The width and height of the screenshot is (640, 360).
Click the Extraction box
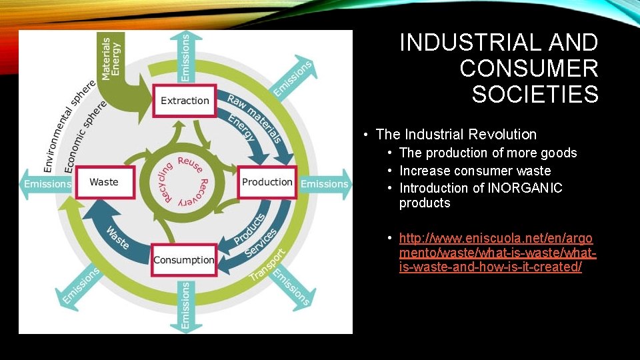[185, 101]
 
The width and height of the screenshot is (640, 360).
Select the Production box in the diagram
[267, 182]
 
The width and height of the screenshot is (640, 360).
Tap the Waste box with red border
[104, 182]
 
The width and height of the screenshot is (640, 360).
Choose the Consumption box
[184, 260]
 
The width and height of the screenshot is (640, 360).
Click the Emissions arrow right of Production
[325, 183]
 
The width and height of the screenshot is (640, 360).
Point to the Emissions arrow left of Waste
[47, 183]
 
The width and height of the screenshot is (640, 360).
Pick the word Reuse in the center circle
[191, 165]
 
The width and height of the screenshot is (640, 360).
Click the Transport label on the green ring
[267, 265]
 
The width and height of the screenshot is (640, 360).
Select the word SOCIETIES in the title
[535, 94]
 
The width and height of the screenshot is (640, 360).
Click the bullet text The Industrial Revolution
[456, 135]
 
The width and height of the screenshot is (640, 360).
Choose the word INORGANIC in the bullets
[525, 188]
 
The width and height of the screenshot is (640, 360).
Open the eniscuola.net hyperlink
[497, 253]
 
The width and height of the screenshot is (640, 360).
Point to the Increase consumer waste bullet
[475, 171]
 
